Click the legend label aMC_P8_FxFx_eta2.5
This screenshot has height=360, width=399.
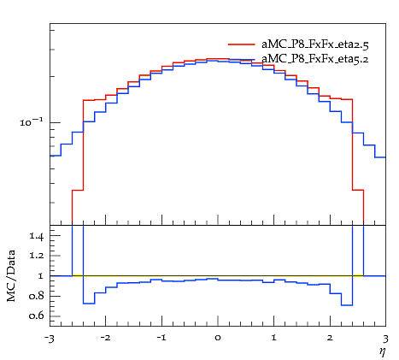click(315, 44)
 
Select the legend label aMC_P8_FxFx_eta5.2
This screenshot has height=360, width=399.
click(315, 59)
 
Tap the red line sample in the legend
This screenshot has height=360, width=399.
click(242, 44)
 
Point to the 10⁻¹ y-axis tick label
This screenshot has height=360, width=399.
click(32, 122)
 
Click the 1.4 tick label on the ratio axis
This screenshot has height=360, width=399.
click(37, 237)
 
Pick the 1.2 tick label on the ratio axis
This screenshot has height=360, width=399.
click(37, 256)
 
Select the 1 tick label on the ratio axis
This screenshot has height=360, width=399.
click(41, 276)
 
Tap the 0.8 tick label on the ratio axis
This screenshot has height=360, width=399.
click(37, 296)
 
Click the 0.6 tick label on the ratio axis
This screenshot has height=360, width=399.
click(37, 316)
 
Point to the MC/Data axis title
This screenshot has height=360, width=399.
click(11, 276)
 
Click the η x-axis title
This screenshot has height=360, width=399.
click(382, 351)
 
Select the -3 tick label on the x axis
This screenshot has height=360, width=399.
click(49, 339)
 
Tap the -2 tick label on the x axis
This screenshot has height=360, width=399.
click(105, 338)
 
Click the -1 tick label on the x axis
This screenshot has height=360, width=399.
click(161, 338)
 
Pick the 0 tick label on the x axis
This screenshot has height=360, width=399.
click(218, 339)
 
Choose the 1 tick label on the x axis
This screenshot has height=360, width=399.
click(274, 338)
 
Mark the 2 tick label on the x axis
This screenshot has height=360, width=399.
click(330, 338)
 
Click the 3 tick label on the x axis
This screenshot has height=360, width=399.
click(385, 339)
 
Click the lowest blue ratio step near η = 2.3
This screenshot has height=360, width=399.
click(347, 305)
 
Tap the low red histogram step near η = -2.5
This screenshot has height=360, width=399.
click(78, 190)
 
